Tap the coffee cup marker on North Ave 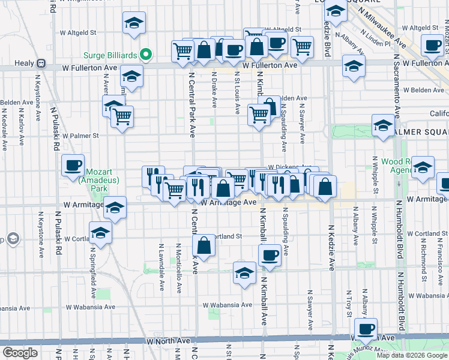click(x=366, y=328)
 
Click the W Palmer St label click(x=80, y=136)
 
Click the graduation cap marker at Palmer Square click(x=382, y=126)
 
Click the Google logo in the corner click(x=20, y=352)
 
